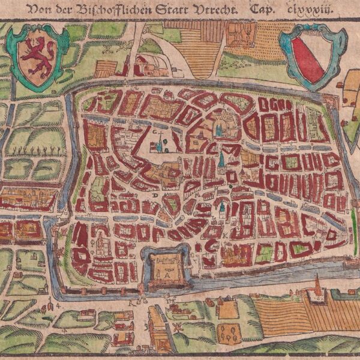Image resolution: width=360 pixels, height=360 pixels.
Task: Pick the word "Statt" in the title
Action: pyautogui.click(x=179, y=10)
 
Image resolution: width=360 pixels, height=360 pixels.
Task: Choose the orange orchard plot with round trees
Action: pyautogui.click(x=227, y=331)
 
